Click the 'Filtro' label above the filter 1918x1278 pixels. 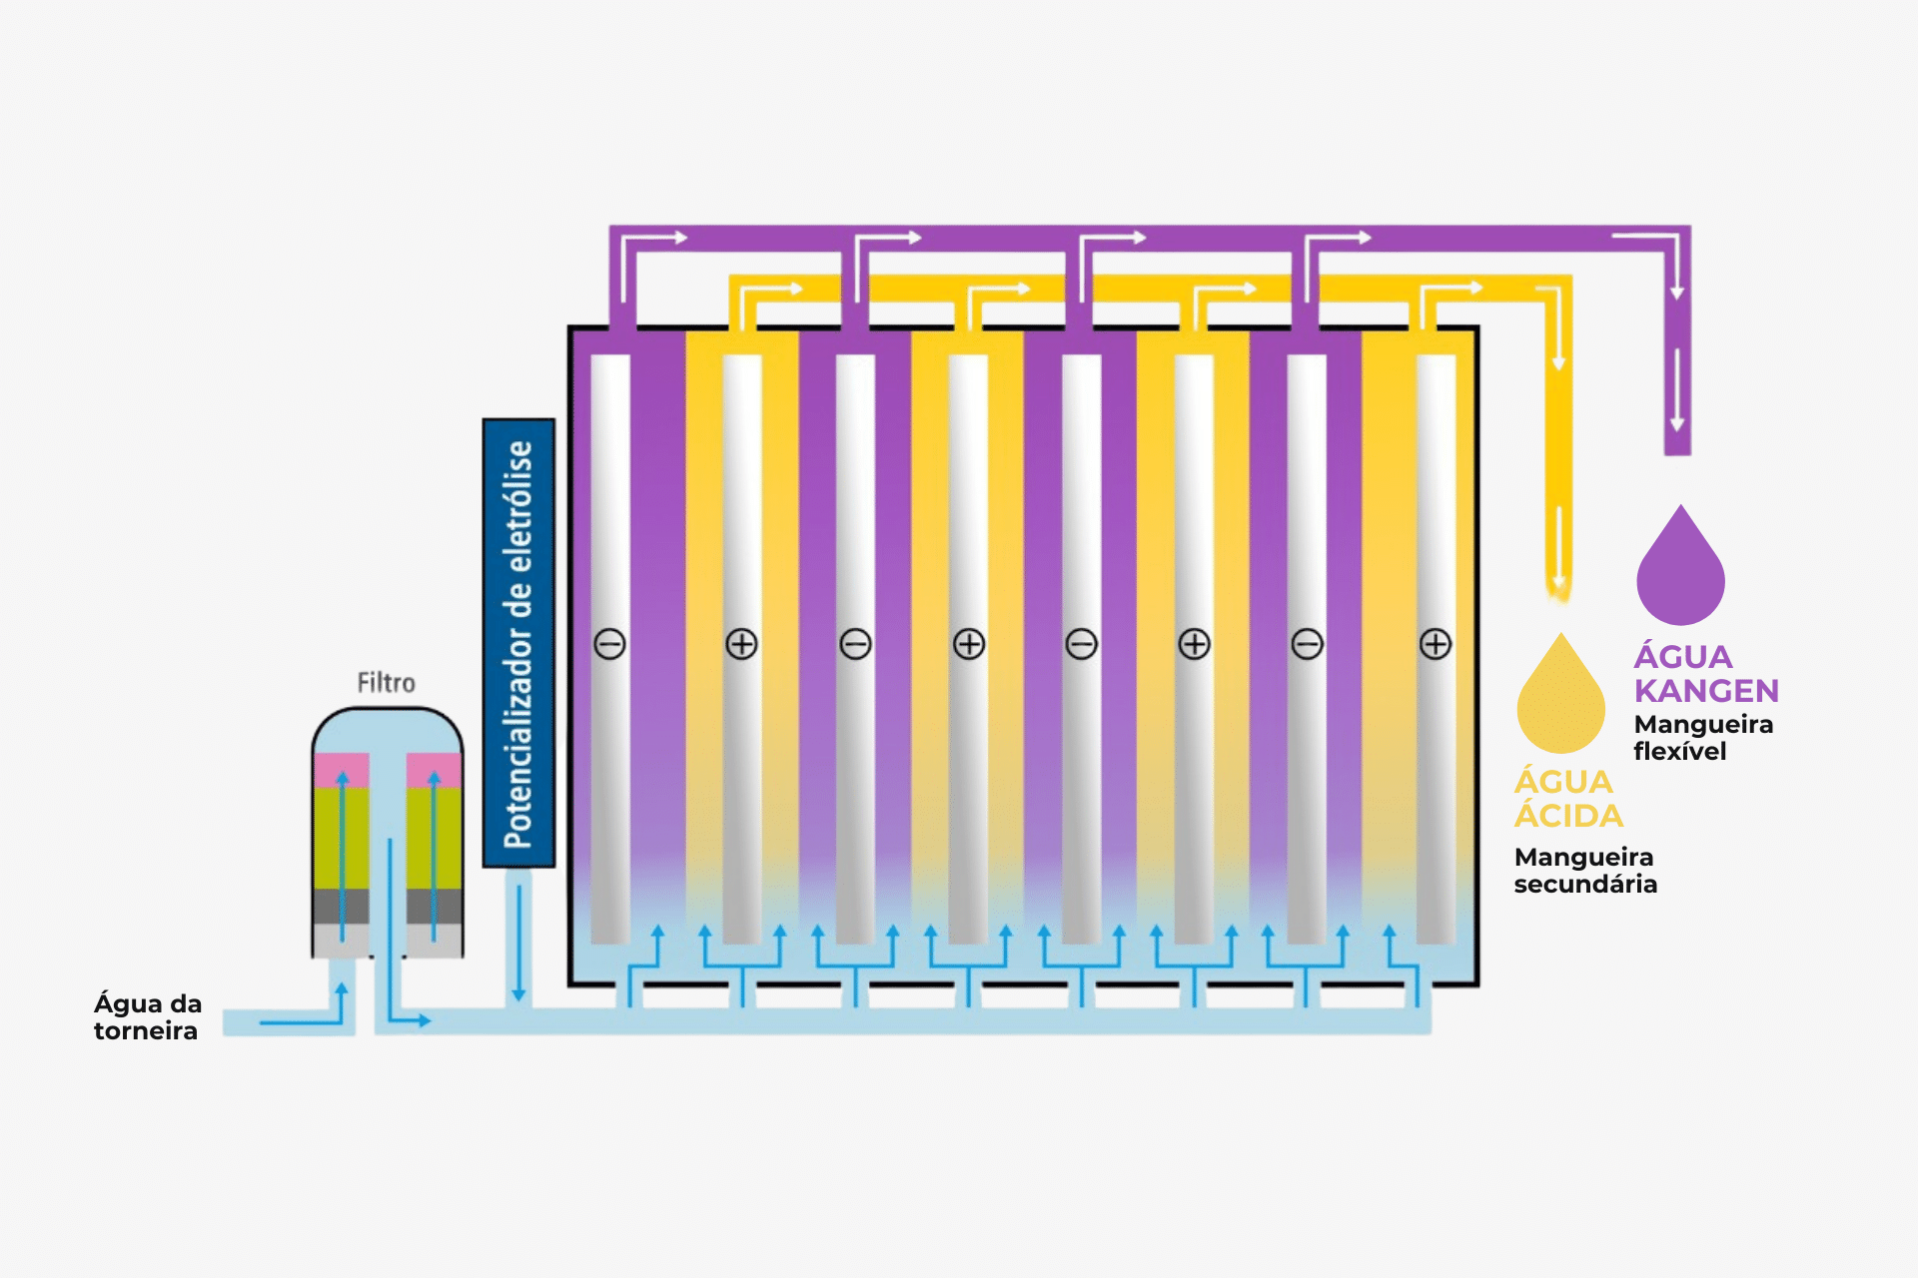tap(386, 683)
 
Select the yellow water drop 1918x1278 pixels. tap(1560, 697)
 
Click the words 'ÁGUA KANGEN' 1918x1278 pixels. tap(1706, 674)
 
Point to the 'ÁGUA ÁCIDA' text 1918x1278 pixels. tap(1568, 799)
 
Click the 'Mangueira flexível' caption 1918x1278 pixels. tap(1703, 738)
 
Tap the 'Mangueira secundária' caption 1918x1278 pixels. tap(1585, 871)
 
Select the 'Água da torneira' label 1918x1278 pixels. tap(148, 1016)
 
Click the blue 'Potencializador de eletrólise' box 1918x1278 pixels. tap(518, 643)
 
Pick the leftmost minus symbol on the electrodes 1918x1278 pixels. tap(609, 644)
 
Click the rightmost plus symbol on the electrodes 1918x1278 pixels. tap(1436, 644)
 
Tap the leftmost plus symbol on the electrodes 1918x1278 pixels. tap(741, 644)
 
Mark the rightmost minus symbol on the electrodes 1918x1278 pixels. tap(1307, 644)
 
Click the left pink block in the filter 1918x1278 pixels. tap(342, 770)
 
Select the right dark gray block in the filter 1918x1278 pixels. tap(434, 906)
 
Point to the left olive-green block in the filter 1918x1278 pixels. tap(342, 838)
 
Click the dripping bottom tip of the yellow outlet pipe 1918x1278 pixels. tap(1558, 596)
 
